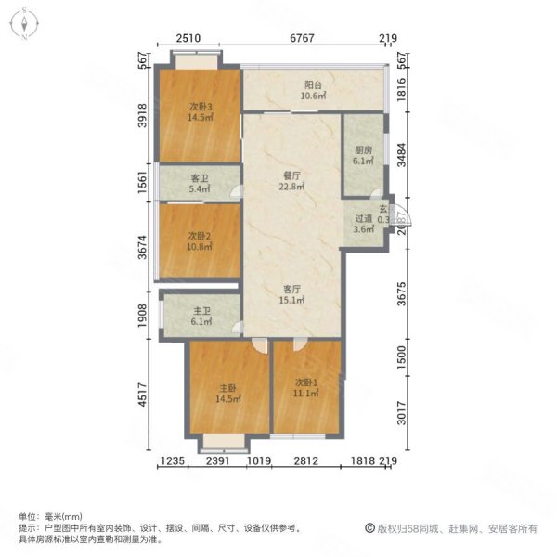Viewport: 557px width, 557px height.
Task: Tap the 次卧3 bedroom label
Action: pyautogui.click(x=201, y=106)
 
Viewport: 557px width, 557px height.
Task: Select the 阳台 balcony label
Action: pyautogui.click(x=309, y=84)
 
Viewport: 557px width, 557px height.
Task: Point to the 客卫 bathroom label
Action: pyautogui.click(x=200, y=178)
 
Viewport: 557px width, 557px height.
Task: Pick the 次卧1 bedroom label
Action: pyautogui.click(x=307, y=382)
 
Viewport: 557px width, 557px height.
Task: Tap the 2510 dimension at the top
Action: pyautogui.click(x=189, y=38)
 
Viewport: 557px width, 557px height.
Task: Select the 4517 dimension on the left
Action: pyautogui.click(x=142, y=395)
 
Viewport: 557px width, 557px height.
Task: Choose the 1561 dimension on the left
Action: pyautogui.click(x=142, y=182)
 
